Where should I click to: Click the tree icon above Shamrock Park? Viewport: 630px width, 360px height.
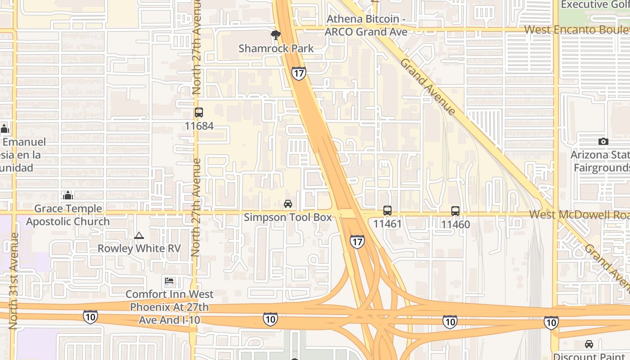point(276,35)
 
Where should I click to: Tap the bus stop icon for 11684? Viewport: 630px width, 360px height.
point(199,112)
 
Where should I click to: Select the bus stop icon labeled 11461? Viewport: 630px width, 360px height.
point(387,210)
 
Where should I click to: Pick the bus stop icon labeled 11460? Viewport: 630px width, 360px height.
point(455,211)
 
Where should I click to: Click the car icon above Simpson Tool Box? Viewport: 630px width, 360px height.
point(288,204)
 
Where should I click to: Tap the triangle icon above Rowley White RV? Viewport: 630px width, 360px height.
point(139,235)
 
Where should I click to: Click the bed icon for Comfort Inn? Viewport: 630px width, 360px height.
point(169,281)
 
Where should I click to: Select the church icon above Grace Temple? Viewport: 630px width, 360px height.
point(68,195)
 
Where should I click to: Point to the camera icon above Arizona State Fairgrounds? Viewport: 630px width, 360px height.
point(603,141)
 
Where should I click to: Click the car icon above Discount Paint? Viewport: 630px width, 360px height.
point(589,344)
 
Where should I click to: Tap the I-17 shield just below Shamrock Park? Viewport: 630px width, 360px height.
point(298,73)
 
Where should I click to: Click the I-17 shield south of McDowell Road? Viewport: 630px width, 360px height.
point(357,242)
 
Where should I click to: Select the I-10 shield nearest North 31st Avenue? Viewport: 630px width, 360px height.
point(90,316)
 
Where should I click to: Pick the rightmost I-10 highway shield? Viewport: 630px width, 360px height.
point(551,322)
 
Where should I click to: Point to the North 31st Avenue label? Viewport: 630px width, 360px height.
point(13,280)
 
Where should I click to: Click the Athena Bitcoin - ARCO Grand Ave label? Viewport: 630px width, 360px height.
point(366,25)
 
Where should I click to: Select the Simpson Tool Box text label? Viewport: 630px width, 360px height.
point(288,217)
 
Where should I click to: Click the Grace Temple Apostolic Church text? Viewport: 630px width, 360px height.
point(68,215)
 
